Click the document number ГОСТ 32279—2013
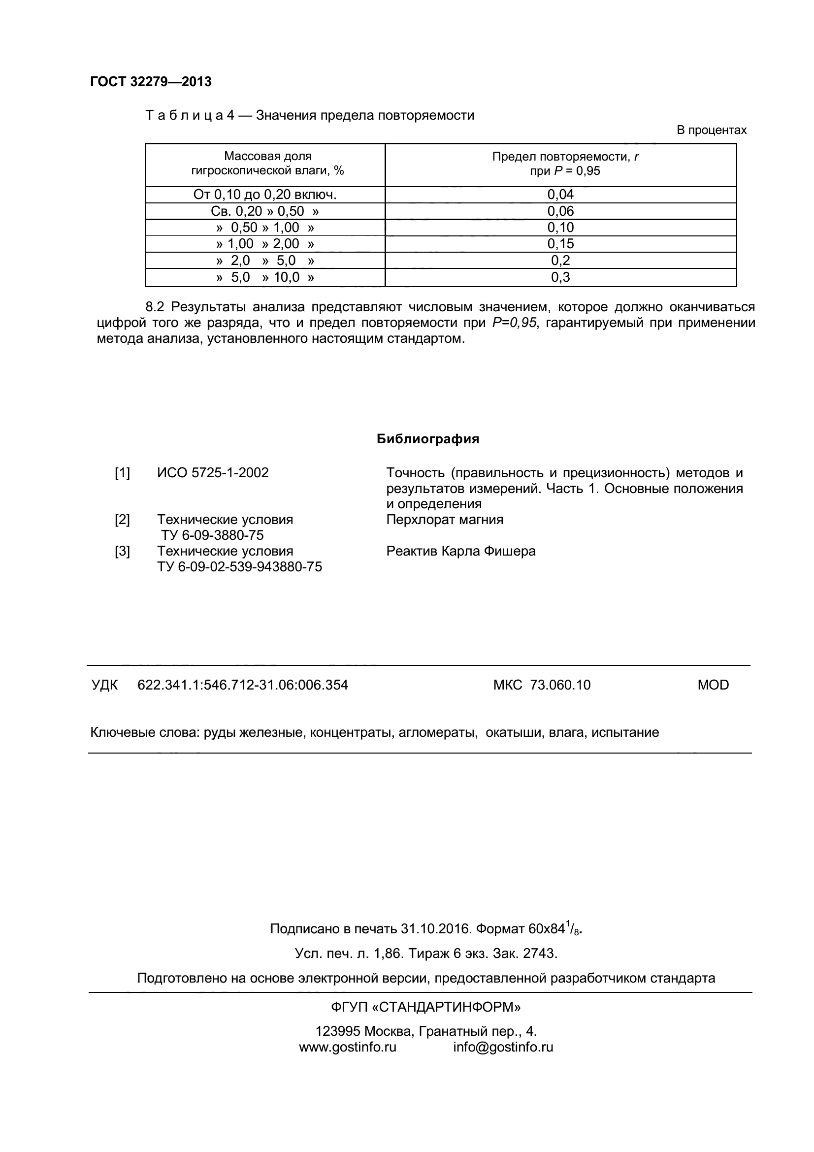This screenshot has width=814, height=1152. point(151,82)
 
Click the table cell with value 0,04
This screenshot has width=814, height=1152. point(560,195)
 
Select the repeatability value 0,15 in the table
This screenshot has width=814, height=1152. point(560,244)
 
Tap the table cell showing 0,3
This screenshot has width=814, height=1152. point(560,277)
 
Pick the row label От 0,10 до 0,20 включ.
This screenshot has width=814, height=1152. point(265,195)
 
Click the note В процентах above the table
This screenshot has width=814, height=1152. point(711,131)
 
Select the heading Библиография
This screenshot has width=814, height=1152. point(428,439)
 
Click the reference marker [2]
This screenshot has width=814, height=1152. point(122,520)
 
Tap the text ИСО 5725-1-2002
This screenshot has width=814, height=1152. point(213,473)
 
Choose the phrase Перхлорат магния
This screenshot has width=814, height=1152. point(444,520)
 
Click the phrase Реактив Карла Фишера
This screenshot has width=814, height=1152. point(460,552)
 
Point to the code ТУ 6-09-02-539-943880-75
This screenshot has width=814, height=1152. point(239,567)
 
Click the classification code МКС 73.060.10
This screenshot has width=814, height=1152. point(542,685)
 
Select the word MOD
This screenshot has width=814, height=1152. point(713,685)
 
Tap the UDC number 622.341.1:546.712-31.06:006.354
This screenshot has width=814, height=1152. point(242,685)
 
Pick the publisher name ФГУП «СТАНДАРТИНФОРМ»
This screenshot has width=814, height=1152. point(426,1007)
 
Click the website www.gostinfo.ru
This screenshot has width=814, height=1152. point(348,1047)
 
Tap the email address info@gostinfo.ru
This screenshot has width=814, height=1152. point(503,1047)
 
